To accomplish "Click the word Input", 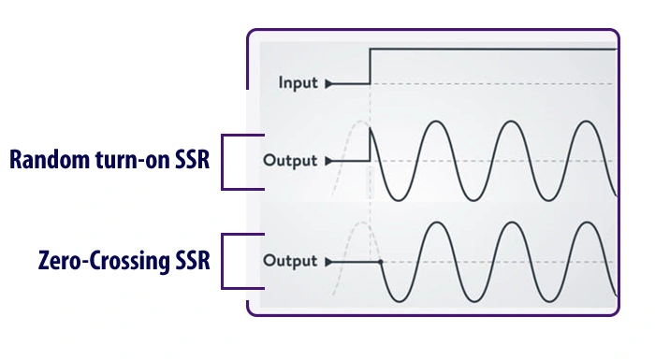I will pyautogui.click(x=298, y=83).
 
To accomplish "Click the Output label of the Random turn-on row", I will pyautogui.click(x=291, y=160).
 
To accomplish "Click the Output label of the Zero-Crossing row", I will pyautogui.click(x=291, y=260).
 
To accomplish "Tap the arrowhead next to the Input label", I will pyautogui.click(x=327, y=83).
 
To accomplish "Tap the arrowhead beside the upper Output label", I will pyautogui.click(x=327, y=160).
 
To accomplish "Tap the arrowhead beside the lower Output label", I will pyautogui.click(x=327, y=260).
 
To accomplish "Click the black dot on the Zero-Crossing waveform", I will pyautogui.click(x=380, y=260).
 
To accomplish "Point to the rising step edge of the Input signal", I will pyautogui.click(x=371, y=65).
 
